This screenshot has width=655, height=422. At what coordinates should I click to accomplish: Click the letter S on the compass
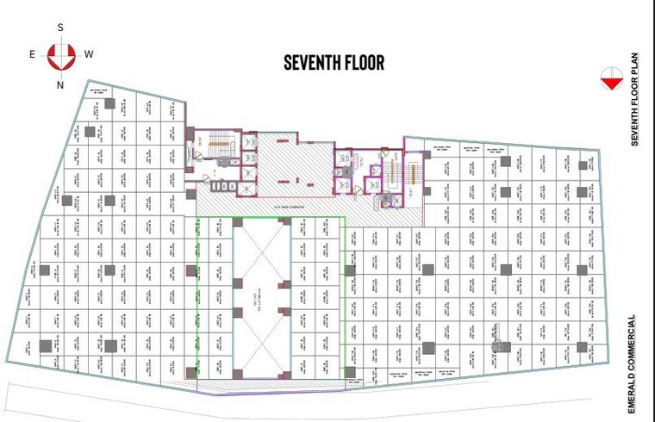pos(60,28)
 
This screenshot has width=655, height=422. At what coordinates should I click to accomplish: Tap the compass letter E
pos(33,54)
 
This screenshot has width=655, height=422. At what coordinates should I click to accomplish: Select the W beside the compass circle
pos(89,54)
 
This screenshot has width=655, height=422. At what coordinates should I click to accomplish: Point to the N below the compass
pos(60,84)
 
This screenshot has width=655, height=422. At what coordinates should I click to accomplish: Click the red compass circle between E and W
pos(60,56)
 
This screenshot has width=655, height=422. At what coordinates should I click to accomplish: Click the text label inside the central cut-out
pos(262,297)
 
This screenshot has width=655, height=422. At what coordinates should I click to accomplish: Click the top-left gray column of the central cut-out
pos(237,222)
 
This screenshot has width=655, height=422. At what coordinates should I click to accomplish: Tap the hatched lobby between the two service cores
pos(293,168)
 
